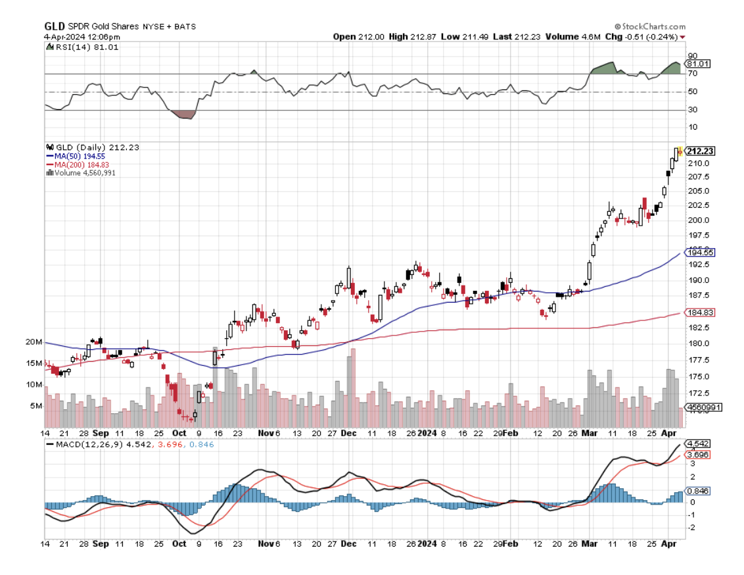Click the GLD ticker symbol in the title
(54, 26)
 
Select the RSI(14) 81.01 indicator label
(86, 47)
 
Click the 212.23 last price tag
(701, 151)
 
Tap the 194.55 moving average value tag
(700, 253)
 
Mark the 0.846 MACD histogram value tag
(697, 491)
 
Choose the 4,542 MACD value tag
(697, 443)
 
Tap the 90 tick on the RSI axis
(692, 56)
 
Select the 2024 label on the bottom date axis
(427, 544)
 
